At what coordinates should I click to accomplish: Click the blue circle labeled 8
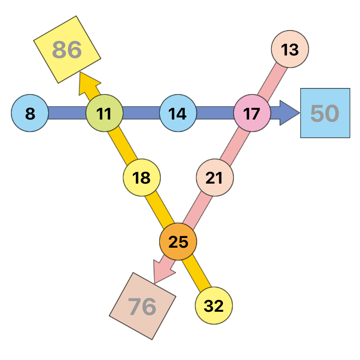[x=30, y=113]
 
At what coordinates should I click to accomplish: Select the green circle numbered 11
[x=104, y=113]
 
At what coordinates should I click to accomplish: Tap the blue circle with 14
[x=178, y=113]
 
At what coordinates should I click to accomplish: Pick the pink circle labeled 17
[x=252, y=113]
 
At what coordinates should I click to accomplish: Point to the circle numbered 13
[x=290, y=49]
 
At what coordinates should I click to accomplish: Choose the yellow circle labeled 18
[x=141, y=177]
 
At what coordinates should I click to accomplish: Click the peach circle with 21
[x=215, y=177]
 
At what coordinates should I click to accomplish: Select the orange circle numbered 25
[x=178, y=242]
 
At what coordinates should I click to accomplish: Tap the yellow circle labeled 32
[x=214, y=306]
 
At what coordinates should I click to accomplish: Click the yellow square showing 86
[x=67, y=50]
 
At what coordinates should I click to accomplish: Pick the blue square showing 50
[x=325, y=113]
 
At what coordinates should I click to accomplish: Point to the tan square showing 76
[x=143, y=306]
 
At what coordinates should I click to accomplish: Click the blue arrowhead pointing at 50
[x=290, y=113]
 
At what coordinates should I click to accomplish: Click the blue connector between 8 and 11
[x=67, y=113]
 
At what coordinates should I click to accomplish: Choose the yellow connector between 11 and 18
[x=123, y=145]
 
